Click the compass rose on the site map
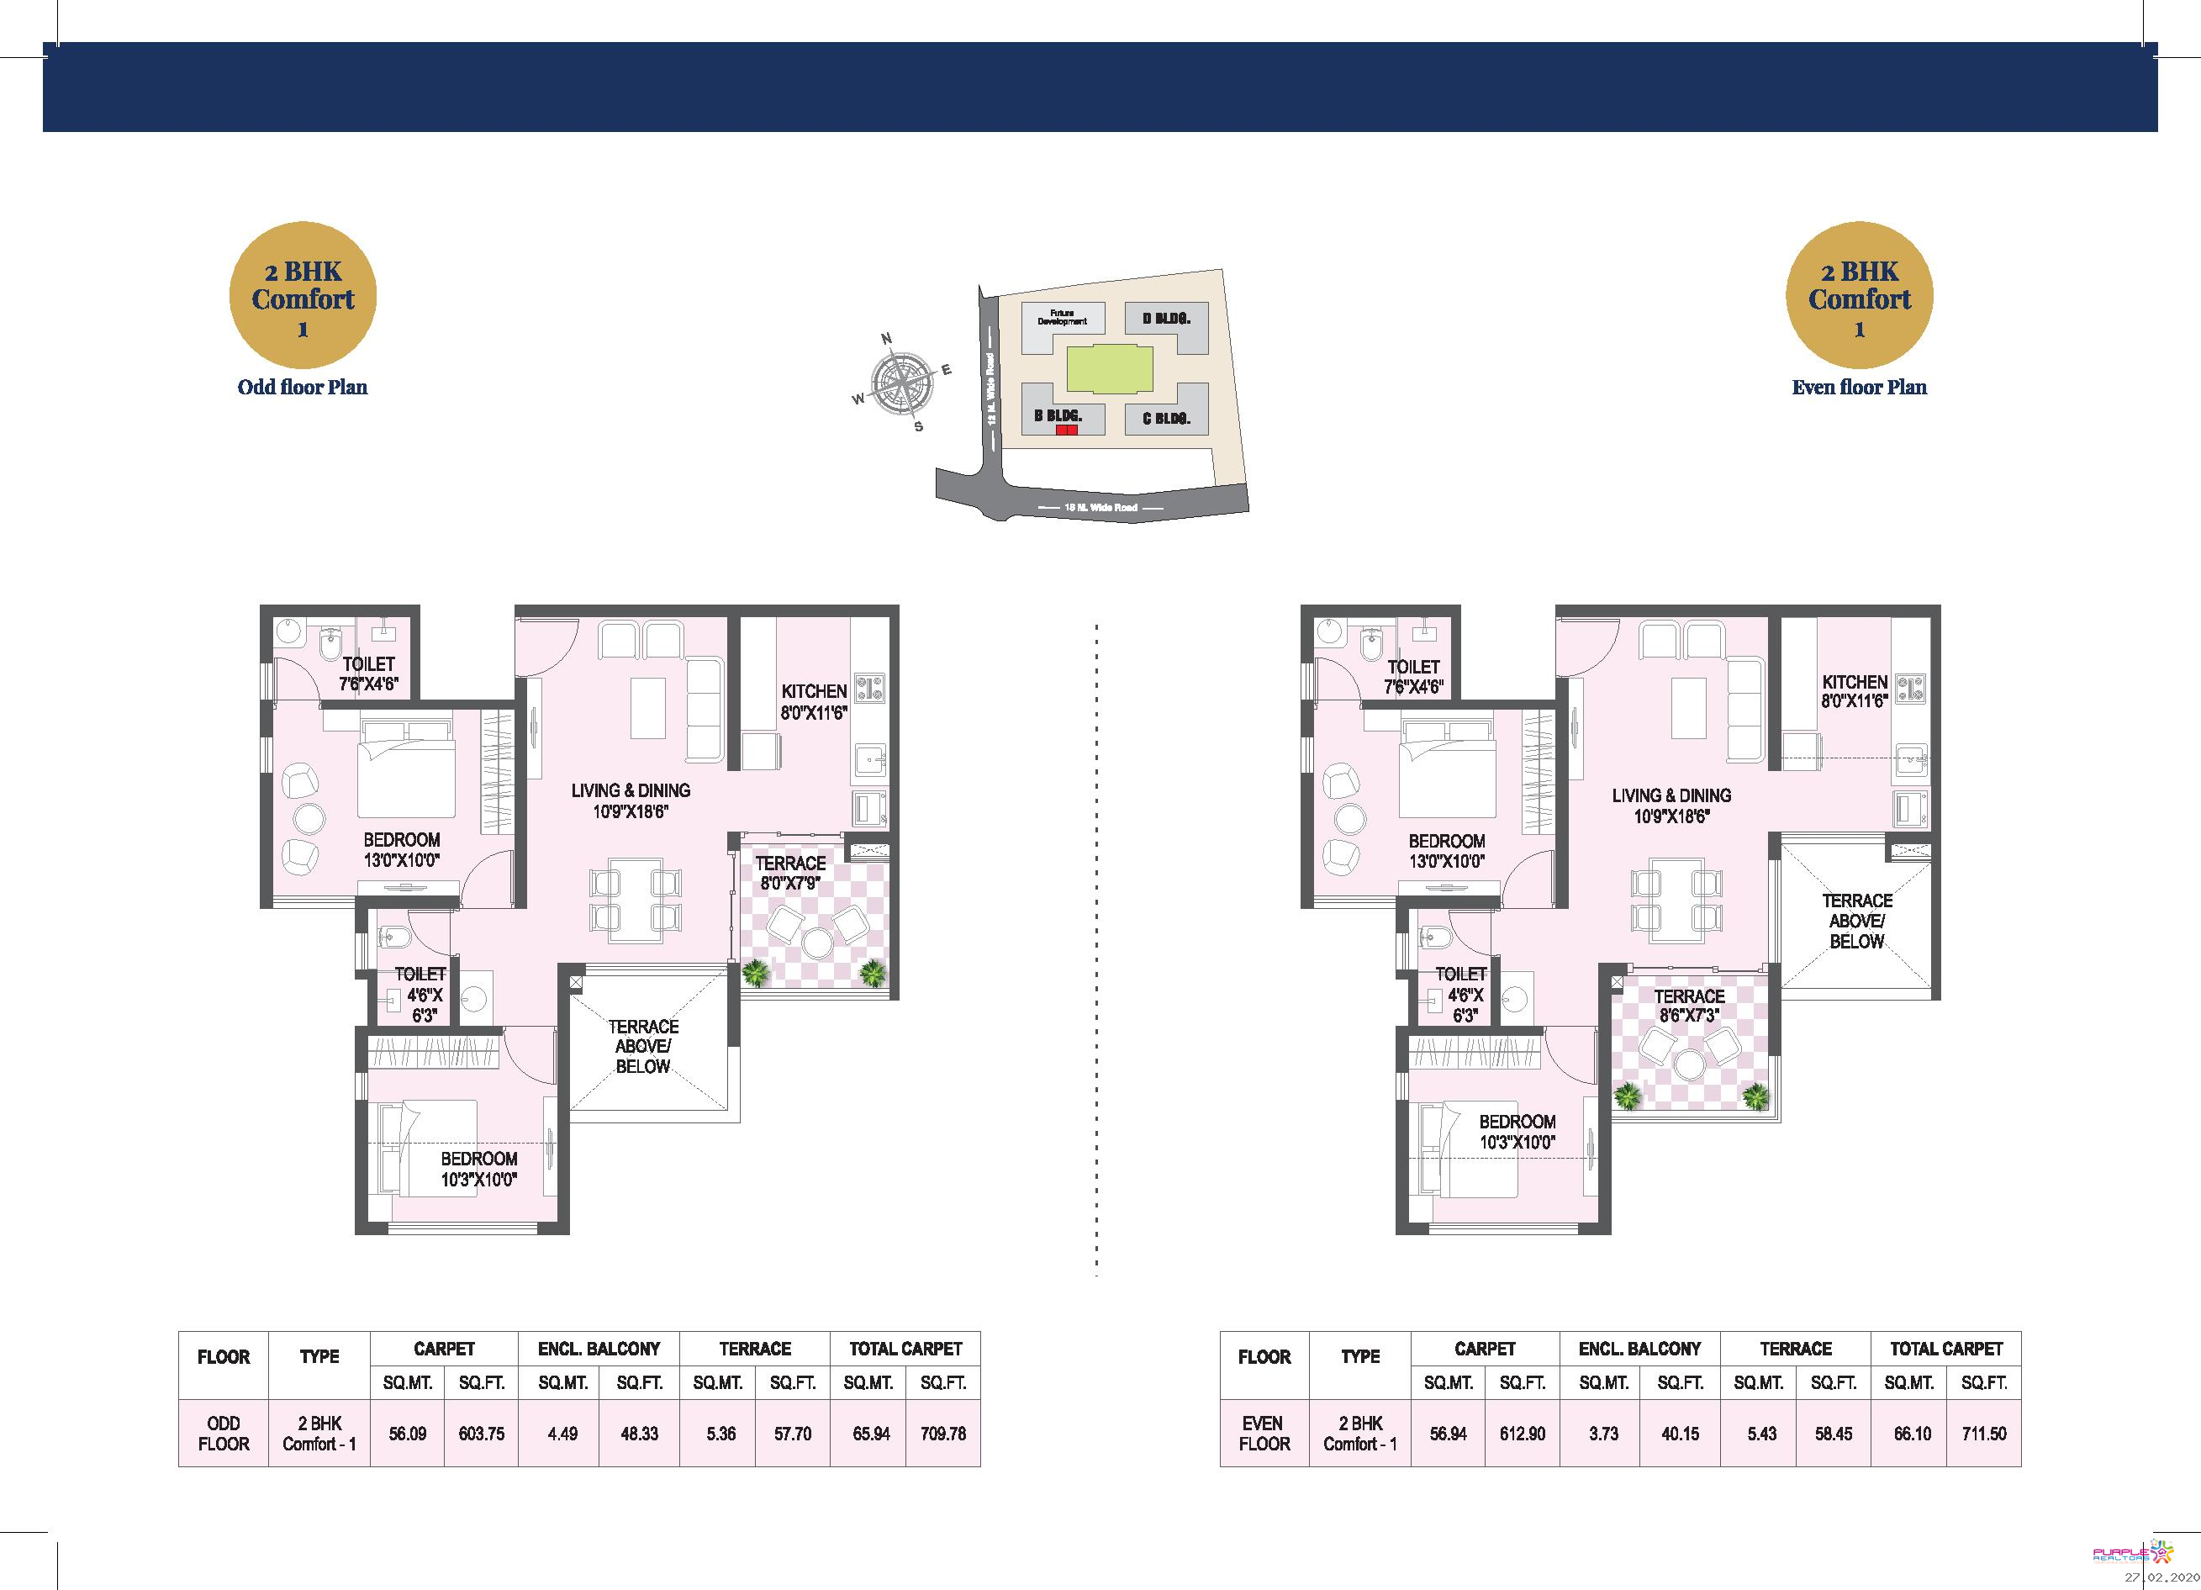[x=901, y=384]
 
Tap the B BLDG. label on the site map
[x=1056, y=415]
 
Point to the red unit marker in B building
[x=1067, y=430]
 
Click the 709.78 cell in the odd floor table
[x=942, y=1433]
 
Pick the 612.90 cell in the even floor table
[x=1522, y=1433]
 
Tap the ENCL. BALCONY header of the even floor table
[x=1639, y=1349]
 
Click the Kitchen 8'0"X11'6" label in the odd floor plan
[x=814, y=701]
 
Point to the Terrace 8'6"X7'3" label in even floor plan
[x=1689, y=1006]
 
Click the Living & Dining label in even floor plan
[x=1671, y=806]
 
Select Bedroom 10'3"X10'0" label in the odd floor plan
[x=478, y=1169]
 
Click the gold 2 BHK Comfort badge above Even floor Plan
[x=1859, y=296]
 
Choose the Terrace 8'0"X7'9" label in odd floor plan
[x=790, y=873]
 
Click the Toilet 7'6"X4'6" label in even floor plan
[x=1413, y=677]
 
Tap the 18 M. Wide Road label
[x=1100, y=508]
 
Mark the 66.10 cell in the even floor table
[x=1912, y=1433]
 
